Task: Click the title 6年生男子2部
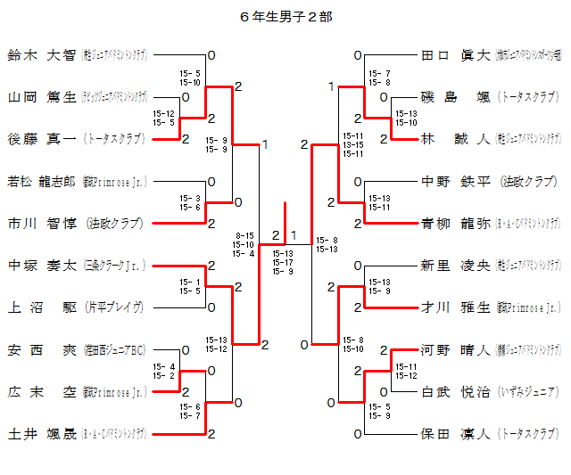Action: click(x=286, y=16)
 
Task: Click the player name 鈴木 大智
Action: click(x=41, y=55)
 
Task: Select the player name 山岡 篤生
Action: click(x=41, y=97)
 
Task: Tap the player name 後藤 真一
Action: click(x=41, y=139)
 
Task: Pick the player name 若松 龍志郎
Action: click(x=41, y=181)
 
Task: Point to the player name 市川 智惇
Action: click(x=41, y=223)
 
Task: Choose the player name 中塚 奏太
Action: click(x=41, y=266)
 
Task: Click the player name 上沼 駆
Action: click(x=41, y=307)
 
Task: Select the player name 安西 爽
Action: click(x=41, y=349)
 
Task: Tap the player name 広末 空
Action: click(x=41, y=391)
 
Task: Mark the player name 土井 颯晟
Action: click(x=41, y=434)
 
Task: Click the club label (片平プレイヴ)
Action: click(x=114, y=307)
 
